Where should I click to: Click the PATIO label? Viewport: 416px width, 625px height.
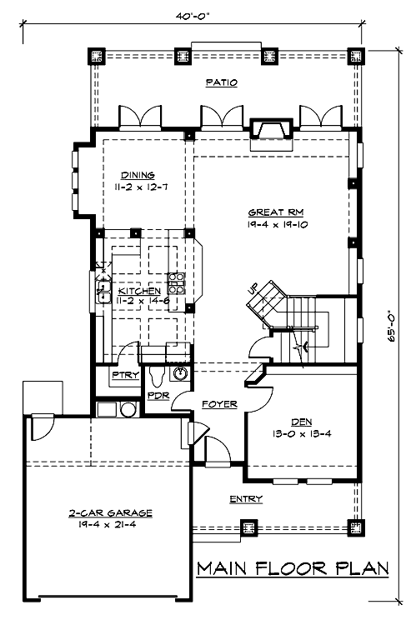pyautogui.click(x=222, y=82)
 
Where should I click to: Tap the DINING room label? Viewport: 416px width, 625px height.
pyautogui.click(x=138, y=175)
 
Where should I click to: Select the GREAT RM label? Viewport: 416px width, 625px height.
pyautogui.click(x=276, y=212)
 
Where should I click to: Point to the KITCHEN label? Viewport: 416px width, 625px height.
pyautogui.click(x=139, y=291)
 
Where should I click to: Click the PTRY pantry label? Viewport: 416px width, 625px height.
pyautogui.click(x=125, y=375)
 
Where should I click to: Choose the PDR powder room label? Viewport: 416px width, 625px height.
pyautogui.click(x=158, y=396)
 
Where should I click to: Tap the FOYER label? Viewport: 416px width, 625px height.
pyautogui.click(x=219, y=404)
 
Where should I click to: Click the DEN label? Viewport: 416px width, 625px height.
pyautogui.click(x=302, y=422)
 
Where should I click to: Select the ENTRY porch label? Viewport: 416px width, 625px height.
pyautogui.click(x=246, y=498)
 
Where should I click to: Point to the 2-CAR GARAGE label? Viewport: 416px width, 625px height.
pyautogui.click(x=111, y=513)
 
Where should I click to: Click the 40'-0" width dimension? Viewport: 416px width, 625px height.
pyautogui.click(x=193, y=16)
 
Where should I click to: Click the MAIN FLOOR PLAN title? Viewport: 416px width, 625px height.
pyautogui.click(x=293, y=568)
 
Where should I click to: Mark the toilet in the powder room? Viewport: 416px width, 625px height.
pyautogui.click(x=157, y=376)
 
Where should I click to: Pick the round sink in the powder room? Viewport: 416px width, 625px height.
pyautogui.click(x=179, y=373)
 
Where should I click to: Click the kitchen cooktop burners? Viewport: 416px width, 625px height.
pyautogui.click(x=176, y=283)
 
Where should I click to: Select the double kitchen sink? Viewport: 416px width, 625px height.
pyautogui.click(x=103, y=292)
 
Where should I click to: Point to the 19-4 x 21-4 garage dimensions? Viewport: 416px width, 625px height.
pyautogui.click(x=107, y=524)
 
